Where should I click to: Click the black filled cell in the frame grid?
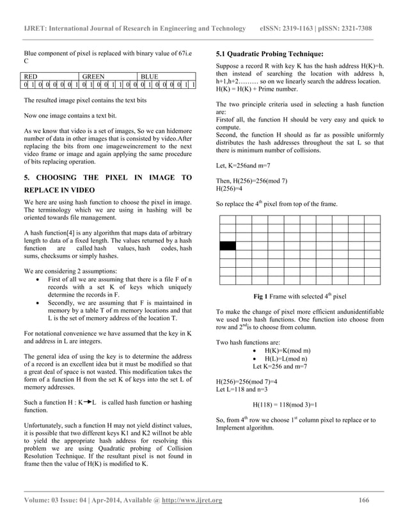pos(227,245)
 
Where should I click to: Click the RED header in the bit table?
pos(31,75)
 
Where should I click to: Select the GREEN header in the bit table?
pos(93,75)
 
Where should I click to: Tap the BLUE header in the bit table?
pos(149,75)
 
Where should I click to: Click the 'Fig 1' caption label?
pos(262,297)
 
